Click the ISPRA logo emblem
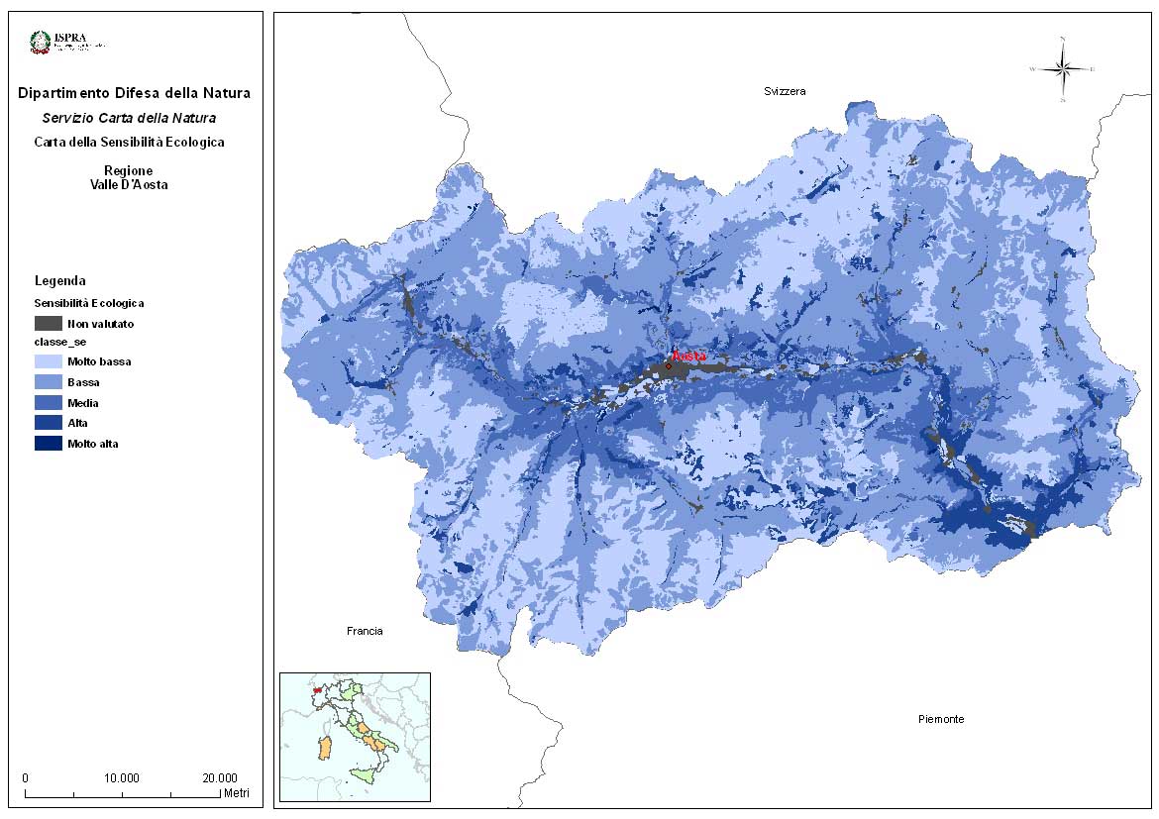point(41,42)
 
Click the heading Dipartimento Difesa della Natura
point(134,94)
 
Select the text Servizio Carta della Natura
point(134,118)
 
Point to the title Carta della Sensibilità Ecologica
point(129,142)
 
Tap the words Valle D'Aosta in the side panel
point(129,184)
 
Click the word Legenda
point(60,281)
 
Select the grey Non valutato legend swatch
point(48,323)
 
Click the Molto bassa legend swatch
point(48,361)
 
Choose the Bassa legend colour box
point(48,382)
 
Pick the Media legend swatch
point(48,403)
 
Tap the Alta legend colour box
point(48,424)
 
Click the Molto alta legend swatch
point(48,444)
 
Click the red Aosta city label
point(687,356)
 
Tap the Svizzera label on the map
point(785,91)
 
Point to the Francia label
point(365,631)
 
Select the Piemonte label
point(940,719)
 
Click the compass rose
point(1063,69)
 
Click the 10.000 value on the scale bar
point(122,777)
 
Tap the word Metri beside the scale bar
point(236,793)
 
